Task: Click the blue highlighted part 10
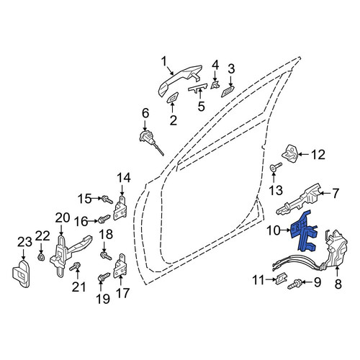pos(303,232)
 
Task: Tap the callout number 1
pos(164,61)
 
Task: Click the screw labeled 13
pos(276,167)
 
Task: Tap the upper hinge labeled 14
pos(120,208)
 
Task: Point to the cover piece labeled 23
pos(21,273)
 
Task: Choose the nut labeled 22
pos(41,258)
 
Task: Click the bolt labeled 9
pos(294,284)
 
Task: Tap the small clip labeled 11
pos(281,279)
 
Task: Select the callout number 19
pos(103,299)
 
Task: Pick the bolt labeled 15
pos(107,199)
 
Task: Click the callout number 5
pos(202,106)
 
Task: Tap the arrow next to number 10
pos(286,230)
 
